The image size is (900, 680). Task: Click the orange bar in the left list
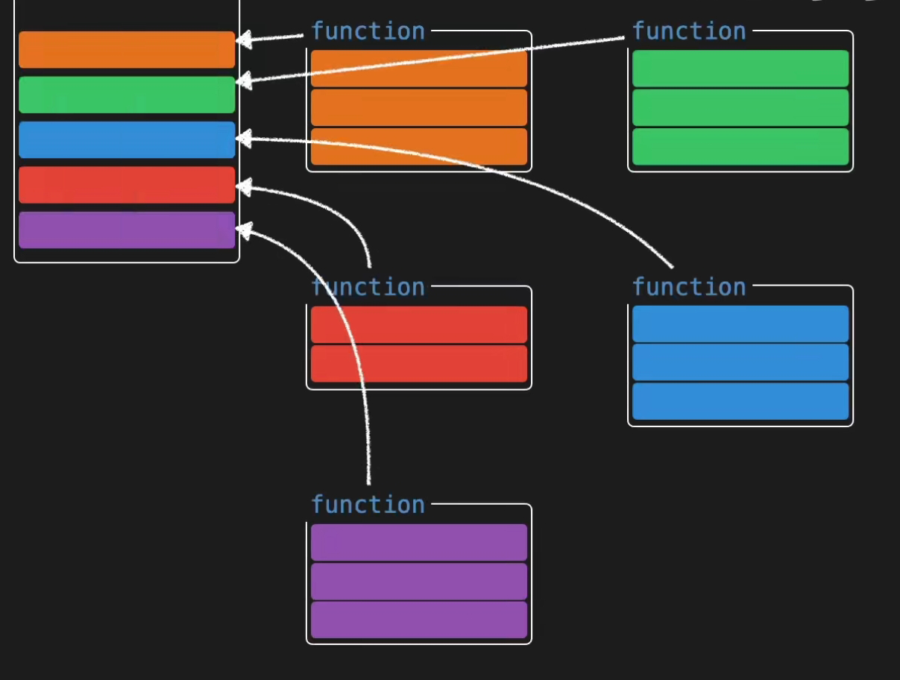pyautogui.click(x=127, y=50)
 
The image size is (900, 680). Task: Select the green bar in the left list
pyautogui.click(x=127, y=95)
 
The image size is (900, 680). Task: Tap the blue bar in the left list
pyautogui.click(x=127, y=139)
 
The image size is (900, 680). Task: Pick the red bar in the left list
pyautogui.click(x=127, y=185)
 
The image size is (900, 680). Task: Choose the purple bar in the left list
pyautogui.click(x=127, y=230)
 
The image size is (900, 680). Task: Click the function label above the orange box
pyautogui.click(x=368, y=31)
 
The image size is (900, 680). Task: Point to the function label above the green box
pyautogui.click(x=689, y=31)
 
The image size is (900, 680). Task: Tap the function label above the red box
pyautogui.click(x=368, y=287)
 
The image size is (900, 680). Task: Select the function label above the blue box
pyautogui.click(x=689, y=287)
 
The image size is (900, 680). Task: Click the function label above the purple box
pyautogui.click(x=368, y=505)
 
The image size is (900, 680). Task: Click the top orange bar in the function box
pyautogui.click(x=418, y=69)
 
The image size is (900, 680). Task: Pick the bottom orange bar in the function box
pyautogui.click(x=418, y=146)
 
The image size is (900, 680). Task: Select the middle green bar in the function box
pyautogui.click(x=740, y=107)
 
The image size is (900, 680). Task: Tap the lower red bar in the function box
pyautogui.click(x=418, y=363)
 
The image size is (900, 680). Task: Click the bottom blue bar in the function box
pyautogui.click(x=740, y=401)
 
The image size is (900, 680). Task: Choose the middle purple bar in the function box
pyautogui.click(x=418, y=582)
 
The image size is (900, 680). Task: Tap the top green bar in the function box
pyautogui.click(x=740, y=69)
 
